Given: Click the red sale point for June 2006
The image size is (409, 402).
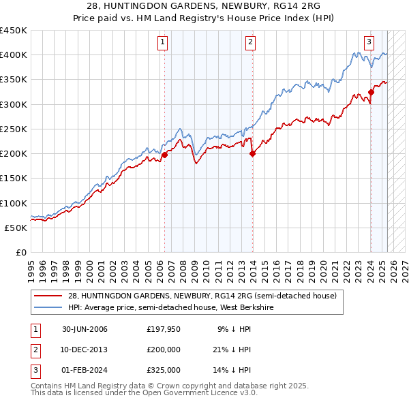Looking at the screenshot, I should click(x=164, y=155).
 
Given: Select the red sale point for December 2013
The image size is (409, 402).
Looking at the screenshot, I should click(x=252, y=153).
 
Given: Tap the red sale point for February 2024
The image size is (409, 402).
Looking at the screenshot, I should click(x=371, y=92).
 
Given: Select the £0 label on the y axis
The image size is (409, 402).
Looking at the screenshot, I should click(x=20, y=252).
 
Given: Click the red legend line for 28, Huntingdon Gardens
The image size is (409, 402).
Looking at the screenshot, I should click(x=48, y=296).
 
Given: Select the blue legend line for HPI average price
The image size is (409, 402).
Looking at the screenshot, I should click(x=48, y=308).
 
